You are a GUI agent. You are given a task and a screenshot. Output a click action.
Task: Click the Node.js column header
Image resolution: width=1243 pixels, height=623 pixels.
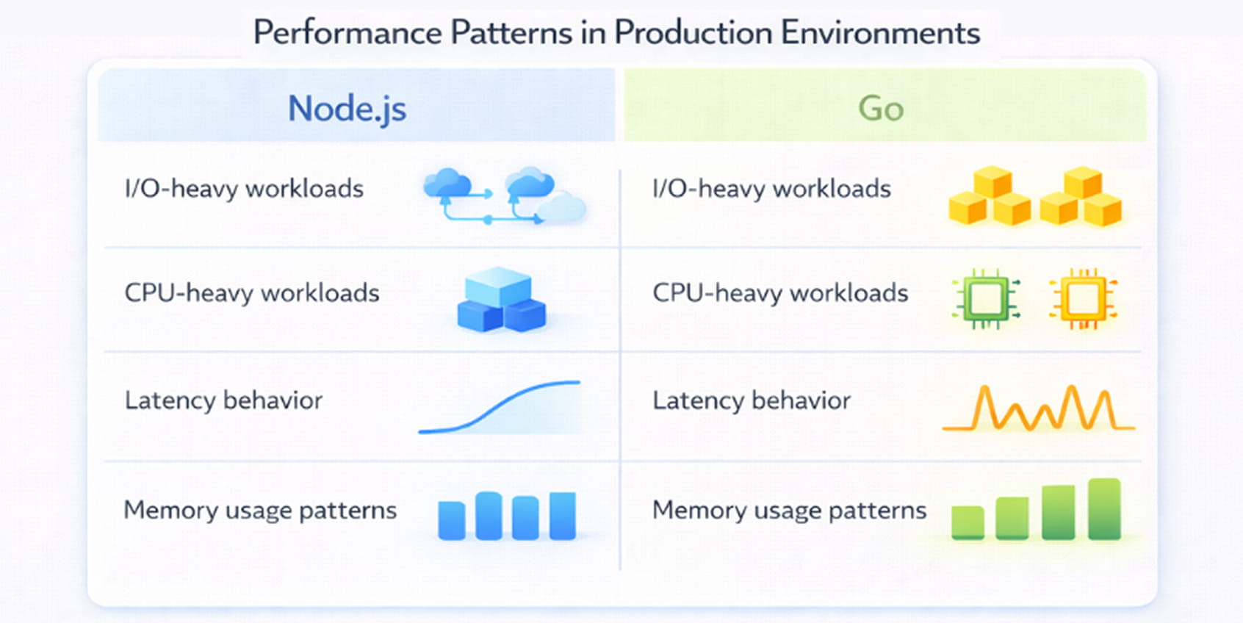[x=347, y=109]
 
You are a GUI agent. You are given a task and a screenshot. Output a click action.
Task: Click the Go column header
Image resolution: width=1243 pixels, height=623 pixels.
[x=881, y=109]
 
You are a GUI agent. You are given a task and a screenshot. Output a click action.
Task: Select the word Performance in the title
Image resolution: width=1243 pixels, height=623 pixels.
[x=347, y=33]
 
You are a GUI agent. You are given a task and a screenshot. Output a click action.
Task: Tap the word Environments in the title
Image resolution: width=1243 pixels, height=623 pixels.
[x=880, y=33]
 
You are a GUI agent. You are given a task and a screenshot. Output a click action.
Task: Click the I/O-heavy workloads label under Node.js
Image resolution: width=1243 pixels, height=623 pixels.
[x=244, y=189]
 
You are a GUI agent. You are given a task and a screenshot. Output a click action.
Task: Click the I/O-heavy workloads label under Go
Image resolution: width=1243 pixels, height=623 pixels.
[x=771, y=189]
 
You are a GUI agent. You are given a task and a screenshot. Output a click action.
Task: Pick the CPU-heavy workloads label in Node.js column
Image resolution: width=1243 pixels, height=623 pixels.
[x=252, y=293]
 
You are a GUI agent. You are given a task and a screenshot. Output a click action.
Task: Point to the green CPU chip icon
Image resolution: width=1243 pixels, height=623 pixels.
[x=985, y=299]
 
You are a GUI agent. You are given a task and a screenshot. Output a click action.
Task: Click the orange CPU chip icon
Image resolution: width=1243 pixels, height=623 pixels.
[x=1083, y=299]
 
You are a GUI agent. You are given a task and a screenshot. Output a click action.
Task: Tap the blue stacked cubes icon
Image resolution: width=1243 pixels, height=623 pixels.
[x=501, y=300]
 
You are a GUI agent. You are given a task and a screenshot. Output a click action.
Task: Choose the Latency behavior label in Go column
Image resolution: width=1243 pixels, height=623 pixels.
[x=752, y=400]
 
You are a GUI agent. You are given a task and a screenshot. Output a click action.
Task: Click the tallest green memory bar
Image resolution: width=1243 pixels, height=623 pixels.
[x=1103, y=508]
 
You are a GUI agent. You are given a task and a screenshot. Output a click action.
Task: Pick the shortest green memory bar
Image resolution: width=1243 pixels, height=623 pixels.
[x=968, y=522]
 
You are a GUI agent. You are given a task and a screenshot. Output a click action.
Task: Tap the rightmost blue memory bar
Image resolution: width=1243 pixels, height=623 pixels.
[x=562, y=516]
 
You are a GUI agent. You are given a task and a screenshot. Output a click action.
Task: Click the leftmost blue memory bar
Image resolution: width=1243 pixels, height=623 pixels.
[x=451, y=520]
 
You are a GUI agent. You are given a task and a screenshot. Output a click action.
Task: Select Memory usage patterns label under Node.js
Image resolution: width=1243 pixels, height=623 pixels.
[x=260, y=510]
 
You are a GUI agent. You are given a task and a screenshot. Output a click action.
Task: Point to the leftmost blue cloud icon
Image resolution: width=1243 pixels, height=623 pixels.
[x=447, y=184]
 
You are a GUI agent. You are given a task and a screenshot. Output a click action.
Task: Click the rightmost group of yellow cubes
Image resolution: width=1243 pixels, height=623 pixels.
[x=1081, y=197]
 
